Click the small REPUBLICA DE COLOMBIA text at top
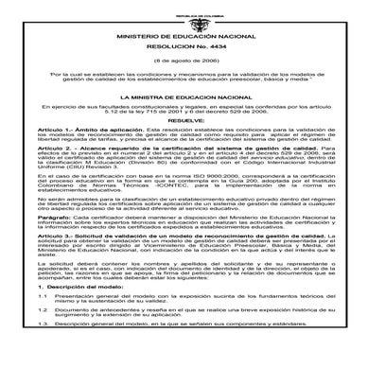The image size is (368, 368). [184, 4]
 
